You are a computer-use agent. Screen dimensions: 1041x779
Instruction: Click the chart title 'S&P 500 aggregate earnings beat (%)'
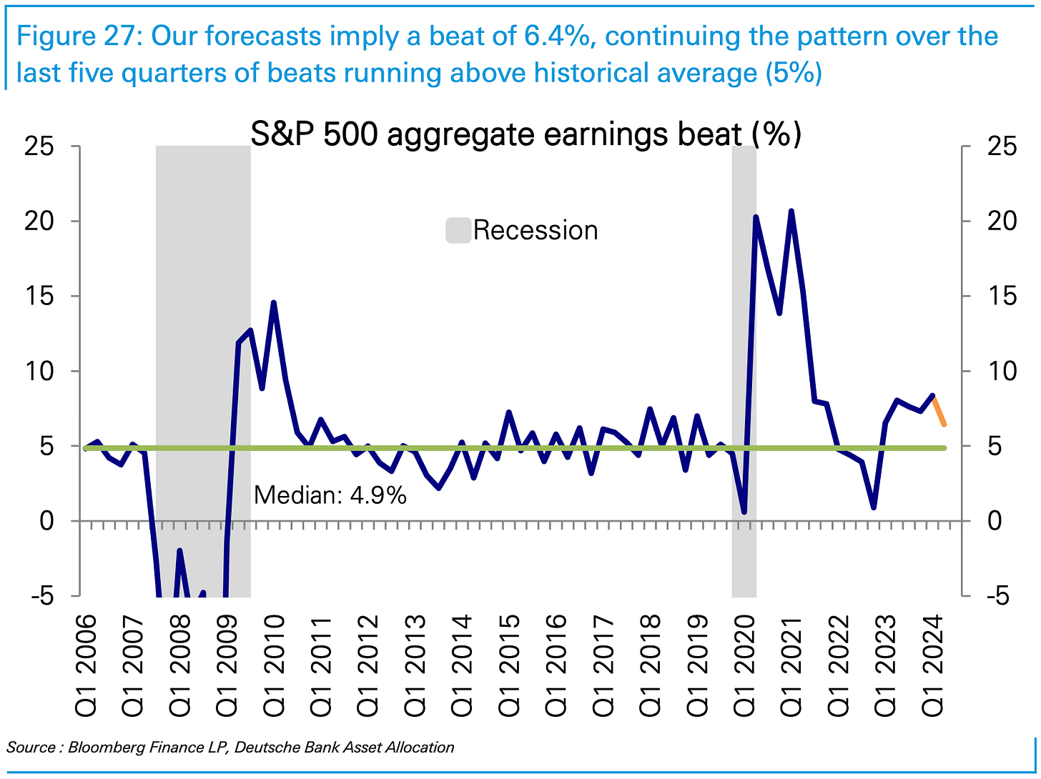tap(526, 134)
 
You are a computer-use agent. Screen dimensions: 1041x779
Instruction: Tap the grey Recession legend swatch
tap(458, 230)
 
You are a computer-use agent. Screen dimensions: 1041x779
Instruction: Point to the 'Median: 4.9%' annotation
tap(330, 495)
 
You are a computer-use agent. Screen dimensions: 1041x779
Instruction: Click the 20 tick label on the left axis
tap(39, 222)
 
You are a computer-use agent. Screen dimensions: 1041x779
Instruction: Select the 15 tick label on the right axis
tap(1002, 296)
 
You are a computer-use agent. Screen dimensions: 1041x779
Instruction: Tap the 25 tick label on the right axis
tap(1002, 147)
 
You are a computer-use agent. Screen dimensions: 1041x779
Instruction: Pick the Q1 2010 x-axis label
tap(274, 666)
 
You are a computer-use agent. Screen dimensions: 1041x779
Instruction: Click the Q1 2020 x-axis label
tap(744, 666)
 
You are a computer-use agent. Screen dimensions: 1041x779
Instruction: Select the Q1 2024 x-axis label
tap(932, 666)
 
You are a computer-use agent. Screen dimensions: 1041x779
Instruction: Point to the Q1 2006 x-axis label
tap(85, 666)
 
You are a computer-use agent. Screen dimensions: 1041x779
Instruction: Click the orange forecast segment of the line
tap(939, 410)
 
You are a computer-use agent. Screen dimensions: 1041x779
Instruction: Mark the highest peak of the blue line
tap(791, 211)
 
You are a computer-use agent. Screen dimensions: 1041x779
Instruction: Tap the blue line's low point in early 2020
tap(744, 512)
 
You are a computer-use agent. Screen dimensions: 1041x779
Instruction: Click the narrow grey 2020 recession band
tap(744, 371)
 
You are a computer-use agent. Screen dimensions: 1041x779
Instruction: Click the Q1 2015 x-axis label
tap(509, 666)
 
